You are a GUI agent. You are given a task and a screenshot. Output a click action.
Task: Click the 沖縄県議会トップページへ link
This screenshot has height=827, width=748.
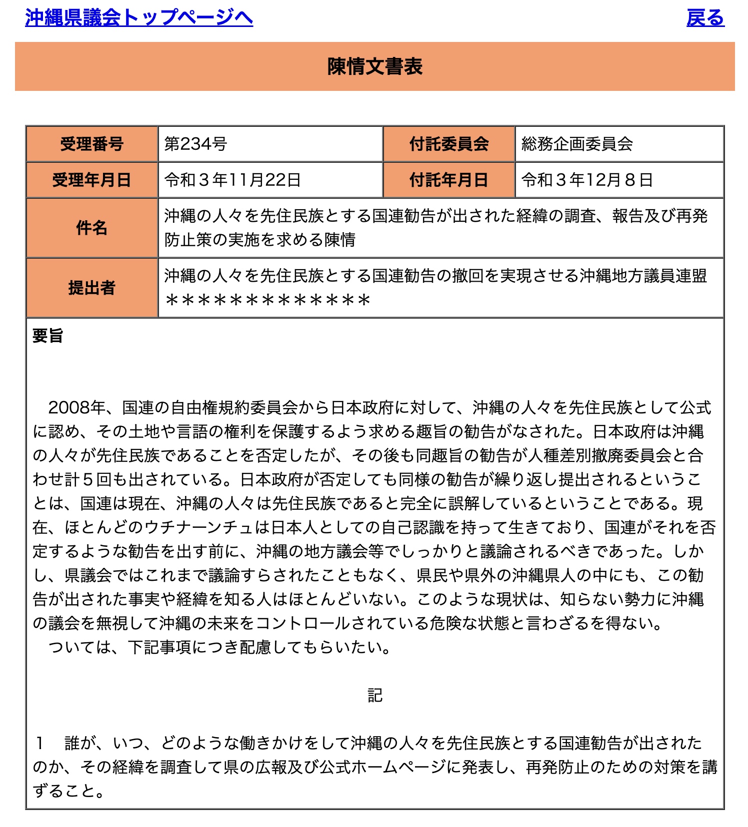(138, 17)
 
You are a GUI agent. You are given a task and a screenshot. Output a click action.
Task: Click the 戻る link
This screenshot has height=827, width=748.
(705, 17)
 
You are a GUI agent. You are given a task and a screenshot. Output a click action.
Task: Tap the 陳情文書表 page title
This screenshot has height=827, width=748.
(374, 66)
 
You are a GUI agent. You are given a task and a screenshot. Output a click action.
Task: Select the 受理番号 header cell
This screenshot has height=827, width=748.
(92, 144)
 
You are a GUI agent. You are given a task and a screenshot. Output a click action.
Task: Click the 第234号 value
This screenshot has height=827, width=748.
(196, 144)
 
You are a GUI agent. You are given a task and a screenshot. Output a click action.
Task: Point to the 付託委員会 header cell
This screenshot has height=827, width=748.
(449, 144)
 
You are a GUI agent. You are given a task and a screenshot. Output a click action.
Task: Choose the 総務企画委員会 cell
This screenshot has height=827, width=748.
(577, 144)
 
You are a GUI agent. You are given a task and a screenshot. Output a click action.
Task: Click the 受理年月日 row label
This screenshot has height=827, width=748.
(92, 180)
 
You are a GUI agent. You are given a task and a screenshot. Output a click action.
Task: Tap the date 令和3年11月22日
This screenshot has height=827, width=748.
(232, 180)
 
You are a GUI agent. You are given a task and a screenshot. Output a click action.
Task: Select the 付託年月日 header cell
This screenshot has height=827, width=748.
(449, 180)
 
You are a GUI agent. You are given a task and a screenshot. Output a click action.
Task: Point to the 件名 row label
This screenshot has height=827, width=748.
(92, 228)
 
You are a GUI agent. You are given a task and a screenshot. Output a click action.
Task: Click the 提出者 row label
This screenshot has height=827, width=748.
(92, 288)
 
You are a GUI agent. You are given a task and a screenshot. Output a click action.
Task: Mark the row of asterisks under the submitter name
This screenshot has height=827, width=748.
(267, 300)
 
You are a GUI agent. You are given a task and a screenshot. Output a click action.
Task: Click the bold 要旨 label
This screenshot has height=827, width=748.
(48, 336)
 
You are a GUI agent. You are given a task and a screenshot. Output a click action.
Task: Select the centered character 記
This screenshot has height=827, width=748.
(374, 695)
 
